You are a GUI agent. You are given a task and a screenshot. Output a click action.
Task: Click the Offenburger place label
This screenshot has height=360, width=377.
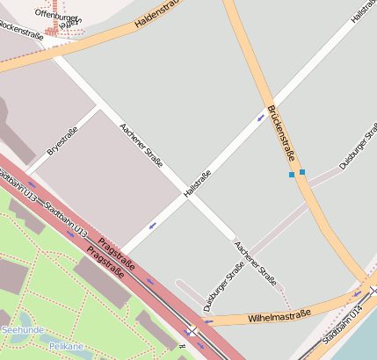56,14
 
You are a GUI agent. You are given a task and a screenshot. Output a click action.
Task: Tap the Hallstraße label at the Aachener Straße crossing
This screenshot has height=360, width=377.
198,183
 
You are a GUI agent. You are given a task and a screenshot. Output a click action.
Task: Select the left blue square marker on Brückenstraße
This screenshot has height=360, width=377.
292,175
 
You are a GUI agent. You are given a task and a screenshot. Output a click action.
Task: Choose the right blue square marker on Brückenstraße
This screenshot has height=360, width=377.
302,172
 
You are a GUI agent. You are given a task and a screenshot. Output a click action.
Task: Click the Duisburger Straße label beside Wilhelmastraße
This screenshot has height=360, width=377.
223,286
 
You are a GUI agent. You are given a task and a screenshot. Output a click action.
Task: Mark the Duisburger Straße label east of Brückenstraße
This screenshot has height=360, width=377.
359,146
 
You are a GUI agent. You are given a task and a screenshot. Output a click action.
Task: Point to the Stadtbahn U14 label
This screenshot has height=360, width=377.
342,326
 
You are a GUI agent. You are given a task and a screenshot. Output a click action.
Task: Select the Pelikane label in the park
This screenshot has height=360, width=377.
65,346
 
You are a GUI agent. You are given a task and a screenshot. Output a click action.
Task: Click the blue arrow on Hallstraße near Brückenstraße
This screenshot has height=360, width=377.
261,117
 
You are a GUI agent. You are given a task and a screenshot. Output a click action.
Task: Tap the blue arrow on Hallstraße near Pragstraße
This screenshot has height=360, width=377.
152,226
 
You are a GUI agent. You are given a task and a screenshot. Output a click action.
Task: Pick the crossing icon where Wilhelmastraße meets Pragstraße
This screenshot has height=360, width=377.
191,330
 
